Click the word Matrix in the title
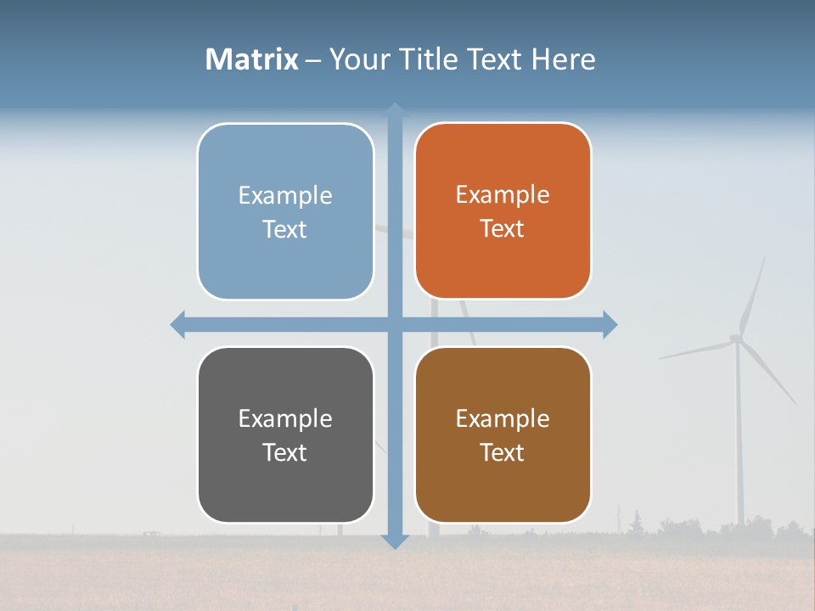click(252, 59)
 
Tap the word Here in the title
click(563, 59)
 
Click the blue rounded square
click(285, 211)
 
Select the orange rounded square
click(503, 211)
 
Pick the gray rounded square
click(285, 434)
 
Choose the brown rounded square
click(503, 434)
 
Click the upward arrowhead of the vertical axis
click(395, 110)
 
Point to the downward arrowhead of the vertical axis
click(395, 541)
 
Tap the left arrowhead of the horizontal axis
click(178, 324)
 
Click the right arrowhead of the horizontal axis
click(610, 324)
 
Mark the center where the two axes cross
click(395, 324)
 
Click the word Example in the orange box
click(503, 194)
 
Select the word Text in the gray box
click(284, 452)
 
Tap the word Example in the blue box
click(285, 195)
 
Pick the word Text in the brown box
click(502, 452)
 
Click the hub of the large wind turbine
click(736, 339)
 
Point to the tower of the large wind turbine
click(739, 441)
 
